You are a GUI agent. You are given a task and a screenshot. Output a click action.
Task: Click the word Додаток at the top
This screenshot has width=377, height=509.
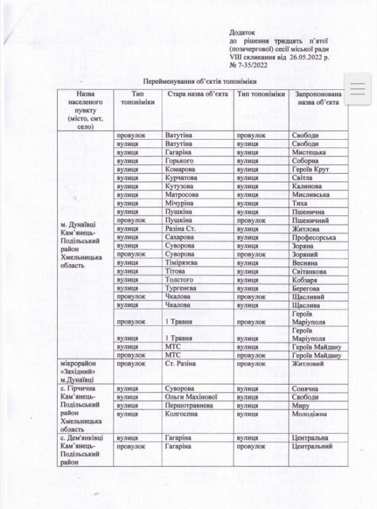coord(243,30)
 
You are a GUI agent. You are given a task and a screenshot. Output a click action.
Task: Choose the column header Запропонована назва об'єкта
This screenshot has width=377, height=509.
coord(319,99)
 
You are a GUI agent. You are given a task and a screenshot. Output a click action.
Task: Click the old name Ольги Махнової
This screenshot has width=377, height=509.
coord(191,397)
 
